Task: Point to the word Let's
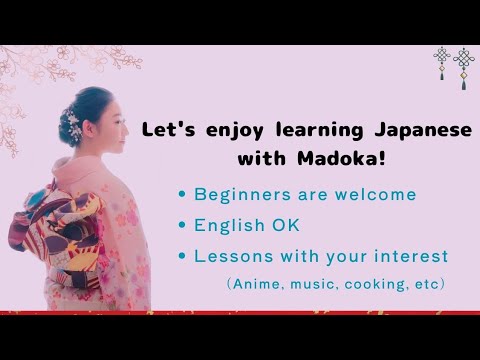pyautogui.click(x=167, y=130)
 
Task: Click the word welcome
pyautogui.click(x=371, y=194)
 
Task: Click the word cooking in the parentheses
pyautogui.click(x=359, y=284)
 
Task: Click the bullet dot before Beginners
pyautogui.click(x=181, y=194)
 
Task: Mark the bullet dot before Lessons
pyautogui.click(x=181, y=256)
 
